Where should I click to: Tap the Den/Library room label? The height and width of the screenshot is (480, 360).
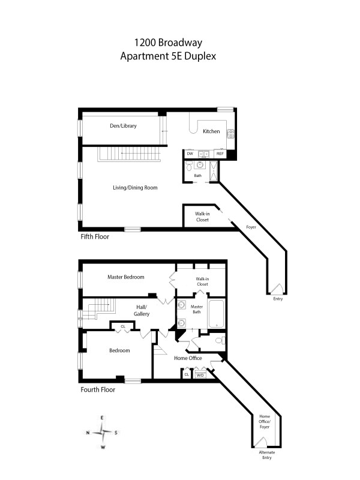tap(123, 126)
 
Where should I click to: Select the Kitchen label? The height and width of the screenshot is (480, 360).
tap(211, 131)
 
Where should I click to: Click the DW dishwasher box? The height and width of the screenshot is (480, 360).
tap(190, 154)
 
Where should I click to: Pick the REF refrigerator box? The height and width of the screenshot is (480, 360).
tap(220, 154)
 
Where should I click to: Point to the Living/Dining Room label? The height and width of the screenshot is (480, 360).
tap(135, 188)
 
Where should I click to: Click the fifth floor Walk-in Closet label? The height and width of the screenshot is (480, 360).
tap(202, 217)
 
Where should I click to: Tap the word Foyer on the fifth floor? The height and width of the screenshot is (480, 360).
tap(252, 227)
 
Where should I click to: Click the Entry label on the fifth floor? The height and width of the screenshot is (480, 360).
tap(278, 299)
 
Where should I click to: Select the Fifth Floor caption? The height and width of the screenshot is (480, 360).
tap(97, 237)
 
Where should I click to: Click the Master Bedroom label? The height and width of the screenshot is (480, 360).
tap(126, 277)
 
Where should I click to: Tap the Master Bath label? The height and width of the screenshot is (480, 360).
tap(197, 310)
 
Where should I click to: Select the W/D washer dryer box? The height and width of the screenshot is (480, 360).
tap(200, 374)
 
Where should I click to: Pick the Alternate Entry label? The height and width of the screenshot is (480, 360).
tap(266, 455)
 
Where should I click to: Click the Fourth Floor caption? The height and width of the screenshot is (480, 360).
tap(98, 389)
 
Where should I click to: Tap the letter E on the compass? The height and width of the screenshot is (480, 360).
tap(103, 417)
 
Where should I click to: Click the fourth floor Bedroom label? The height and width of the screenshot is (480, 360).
tap(119, 351)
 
